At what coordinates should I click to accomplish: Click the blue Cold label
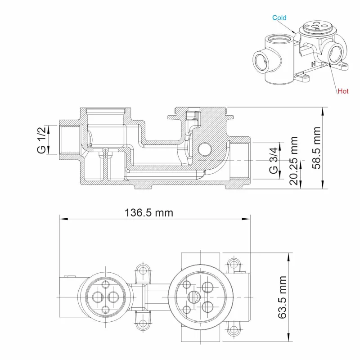pyautogui.click(x=279, y=18)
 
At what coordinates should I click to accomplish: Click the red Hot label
pyautogui.click(x=343, y=91)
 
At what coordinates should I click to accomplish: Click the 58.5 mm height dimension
pyautogui.click(x=318, y=148)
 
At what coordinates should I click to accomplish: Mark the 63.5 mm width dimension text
pyautogui.click(x=282, y=297)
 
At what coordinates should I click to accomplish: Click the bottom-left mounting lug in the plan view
pyautogui.click(x=144, y=323)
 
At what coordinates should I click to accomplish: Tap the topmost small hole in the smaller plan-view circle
pyautogui.click(x=106, y=284)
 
